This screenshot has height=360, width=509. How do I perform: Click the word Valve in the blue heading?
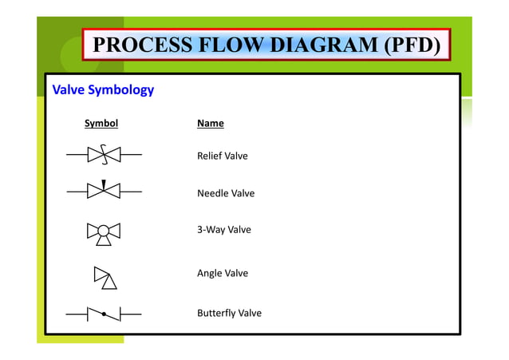(67, 90)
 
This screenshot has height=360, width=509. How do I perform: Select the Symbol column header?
(101, 124)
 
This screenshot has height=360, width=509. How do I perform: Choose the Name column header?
(210, 124)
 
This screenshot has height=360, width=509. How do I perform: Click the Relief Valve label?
(222, 156)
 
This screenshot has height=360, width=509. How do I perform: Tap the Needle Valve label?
(225, 193)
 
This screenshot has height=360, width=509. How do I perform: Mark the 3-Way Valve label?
(223, 230)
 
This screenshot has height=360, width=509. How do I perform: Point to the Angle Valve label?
(222, 273)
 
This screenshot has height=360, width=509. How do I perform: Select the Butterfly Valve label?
(229, 313)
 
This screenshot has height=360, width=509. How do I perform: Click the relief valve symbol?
(104, 154)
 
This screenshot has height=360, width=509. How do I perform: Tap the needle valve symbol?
(104, 191)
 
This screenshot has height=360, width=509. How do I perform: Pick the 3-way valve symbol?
(104, 231)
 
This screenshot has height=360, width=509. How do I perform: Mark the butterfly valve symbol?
(104, 314)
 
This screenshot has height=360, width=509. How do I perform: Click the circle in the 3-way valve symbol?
(104, 231)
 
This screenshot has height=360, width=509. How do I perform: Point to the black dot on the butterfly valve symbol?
(104, 315)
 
